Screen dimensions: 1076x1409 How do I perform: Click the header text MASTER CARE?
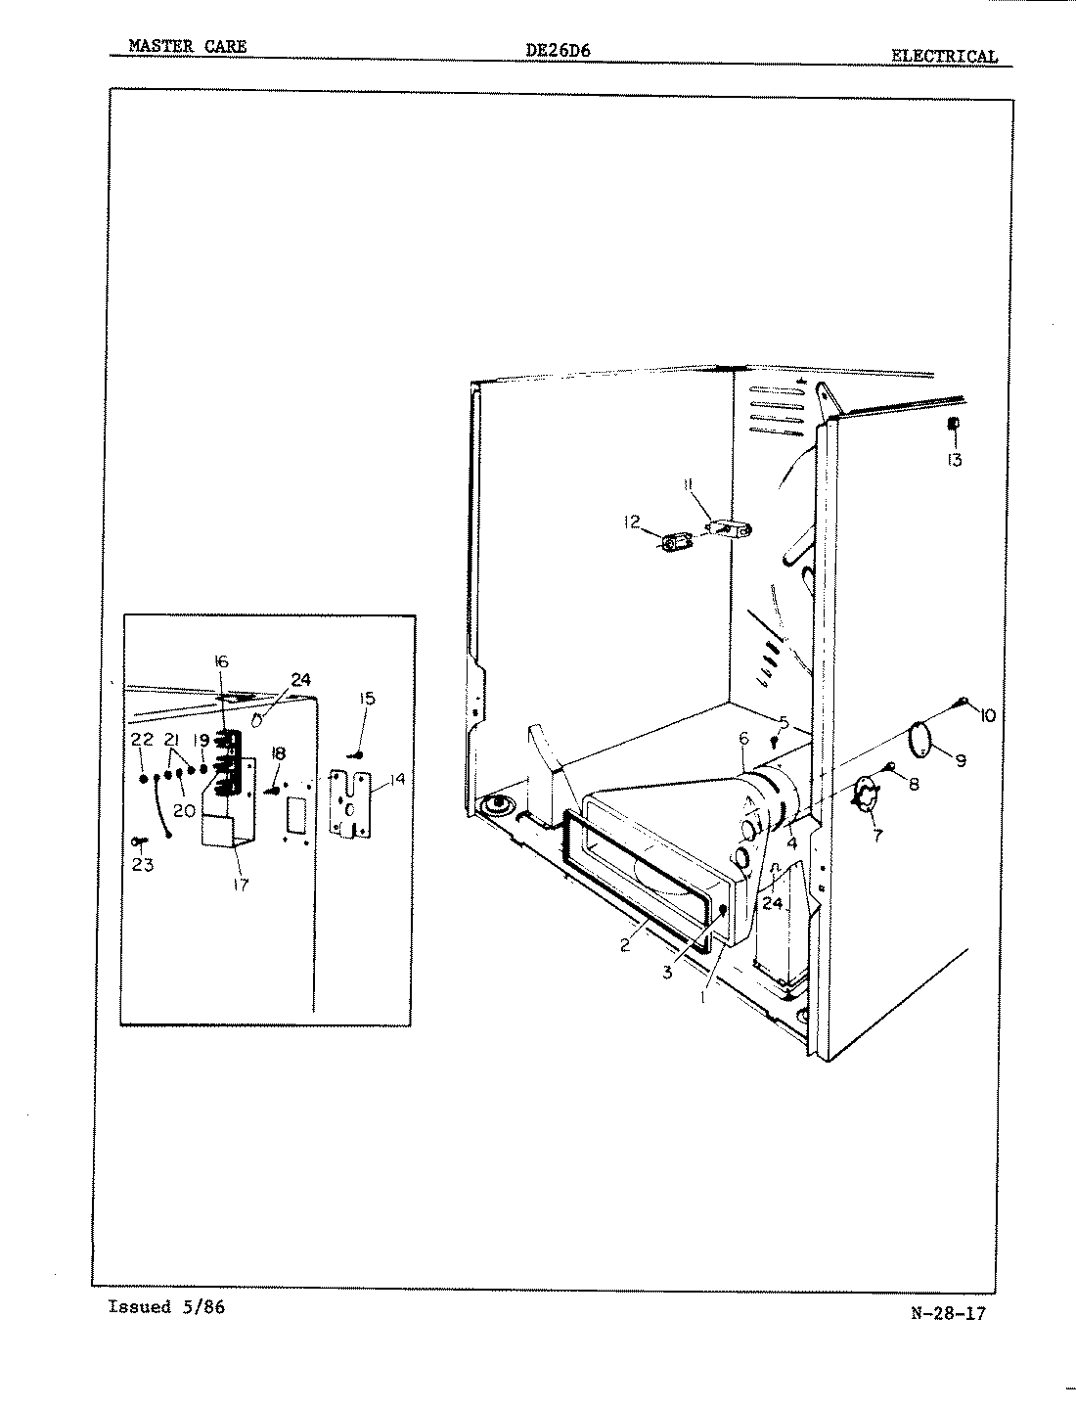click(187, 46)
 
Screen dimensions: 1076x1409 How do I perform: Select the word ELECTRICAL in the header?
click(944, 57)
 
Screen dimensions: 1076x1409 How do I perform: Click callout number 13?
click(954, 459)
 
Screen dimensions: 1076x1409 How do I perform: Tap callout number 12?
click(632, 523)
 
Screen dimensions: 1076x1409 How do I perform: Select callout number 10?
click(986, 716)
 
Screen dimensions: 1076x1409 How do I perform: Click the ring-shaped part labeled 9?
click(919, 736)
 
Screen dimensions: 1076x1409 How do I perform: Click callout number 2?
click(625, 946)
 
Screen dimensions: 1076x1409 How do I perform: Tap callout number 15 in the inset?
click(367, 699)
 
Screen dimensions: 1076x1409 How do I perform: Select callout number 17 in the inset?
click(241, 885)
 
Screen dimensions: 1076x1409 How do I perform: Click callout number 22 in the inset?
click(143, 740)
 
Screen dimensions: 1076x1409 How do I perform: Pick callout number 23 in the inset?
click(143, 865)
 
